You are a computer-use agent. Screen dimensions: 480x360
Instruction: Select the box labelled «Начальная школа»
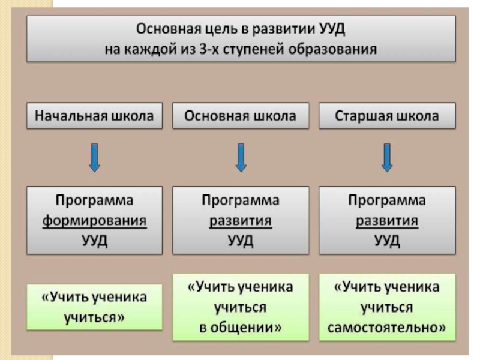(94, 116)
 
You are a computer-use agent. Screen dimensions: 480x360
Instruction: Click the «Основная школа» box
(241, 116)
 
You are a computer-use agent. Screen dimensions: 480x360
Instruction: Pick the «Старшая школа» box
(387, 116)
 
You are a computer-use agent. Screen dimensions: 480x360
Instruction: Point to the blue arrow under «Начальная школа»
(94, 157)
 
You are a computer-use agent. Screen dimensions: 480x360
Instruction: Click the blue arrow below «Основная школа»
(241, 157)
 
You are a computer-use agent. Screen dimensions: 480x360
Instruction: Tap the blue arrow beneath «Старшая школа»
(387, 157)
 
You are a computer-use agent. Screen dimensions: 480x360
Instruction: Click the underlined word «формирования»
(94, 221)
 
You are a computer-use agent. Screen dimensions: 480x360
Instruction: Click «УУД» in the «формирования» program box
(94, 241)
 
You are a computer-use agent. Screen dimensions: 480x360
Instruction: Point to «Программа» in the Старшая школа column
(387, 200)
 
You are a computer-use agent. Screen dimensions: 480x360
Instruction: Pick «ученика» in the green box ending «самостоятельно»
(412, 287)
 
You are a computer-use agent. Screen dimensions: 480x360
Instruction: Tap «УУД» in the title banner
(332, 29)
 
